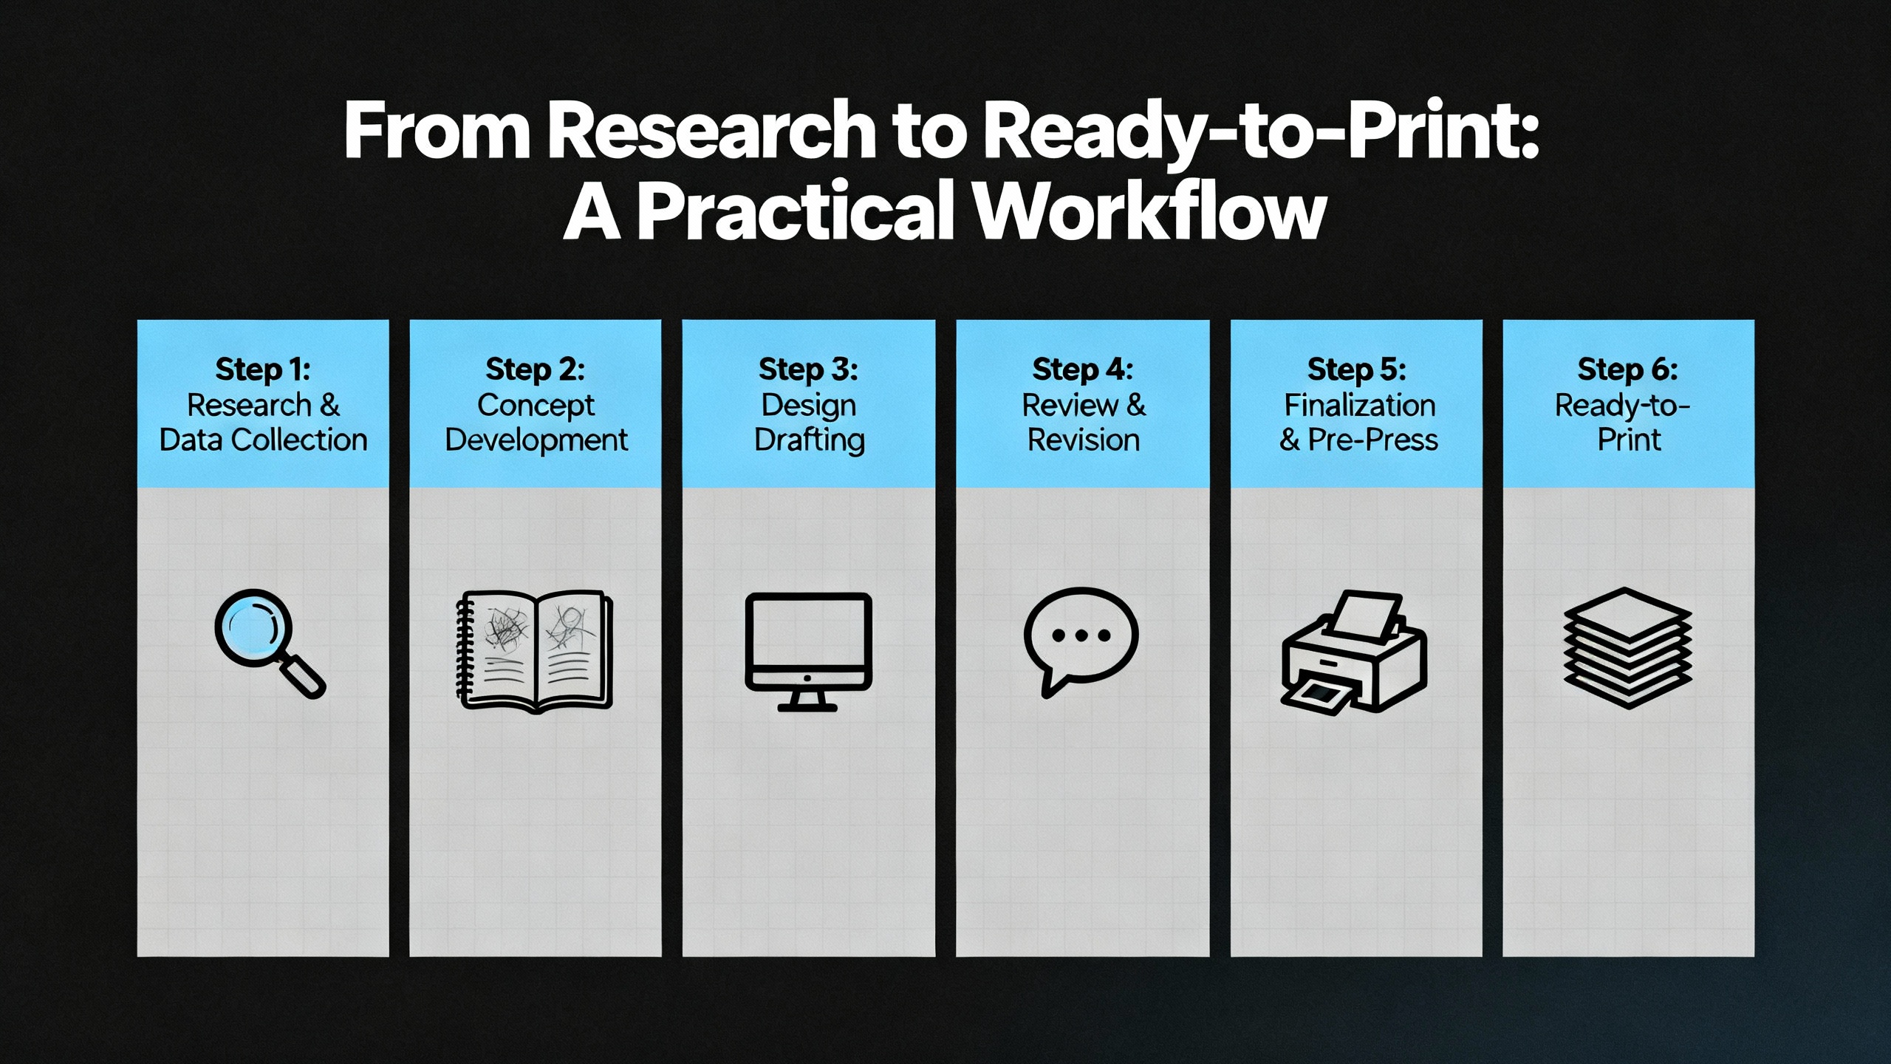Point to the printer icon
point(1354,651)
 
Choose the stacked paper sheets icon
point(1628,648)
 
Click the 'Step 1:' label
point(263,369)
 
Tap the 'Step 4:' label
point(1083,369)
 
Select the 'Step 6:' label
point(1628,369)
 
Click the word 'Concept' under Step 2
point(536,406)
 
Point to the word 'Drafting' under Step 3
point(810,440)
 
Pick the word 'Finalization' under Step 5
point(1360,405)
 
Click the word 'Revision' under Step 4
point(1084,440)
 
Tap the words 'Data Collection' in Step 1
point(264,440)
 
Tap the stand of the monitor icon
point(807,700)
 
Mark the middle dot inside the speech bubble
point(1081,635)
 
